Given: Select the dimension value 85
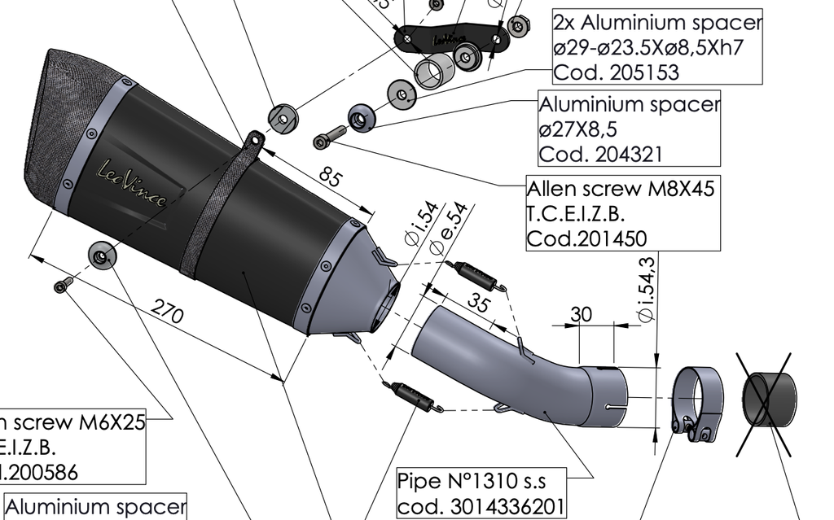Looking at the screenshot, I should coord(330,177).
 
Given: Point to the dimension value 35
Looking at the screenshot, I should coord(479,302).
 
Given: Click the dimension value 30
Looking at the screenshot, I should coord(582,313).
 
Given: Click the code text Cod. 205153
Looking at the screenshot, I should coord(616,72).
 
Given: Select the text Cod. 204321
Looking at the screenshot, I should coord(601,153).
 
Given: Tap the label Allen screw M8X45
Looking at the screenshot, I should coord(621,189).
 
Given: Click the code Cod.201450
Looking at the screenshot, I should coord(587,238).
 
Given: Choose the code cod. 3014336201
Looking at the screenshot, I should coord(481,506).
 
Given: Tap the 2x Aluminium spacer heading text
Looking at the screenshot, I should coord(657,22).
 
